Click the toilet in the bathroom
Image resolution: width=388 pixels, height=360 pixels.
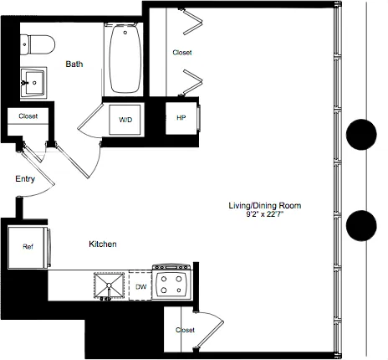click(x=38, y=42)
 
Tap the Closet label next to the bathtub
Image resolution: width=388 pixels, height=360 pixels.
click(x=181, y=53)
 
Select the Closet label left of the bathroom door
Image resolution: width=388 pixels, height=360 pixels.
click(x=28, y=117)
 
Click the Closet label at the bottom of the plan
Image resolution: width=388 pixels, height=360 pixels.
click(x=185, y=330)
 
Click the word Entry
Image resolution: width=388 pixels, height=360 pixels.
click(x=24, y=178)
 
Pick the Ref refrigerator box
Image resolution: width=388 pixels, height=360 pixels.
click(x=27, y=247)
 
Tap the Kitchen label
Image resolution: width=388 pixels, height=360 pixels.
click(x=102, y=244)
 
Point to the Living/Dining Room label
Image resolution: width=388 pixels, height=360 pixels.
click(x=265, y=205)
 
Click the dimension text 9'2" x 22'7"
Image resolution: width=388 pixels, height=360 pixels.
click(x=265, y=214)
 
